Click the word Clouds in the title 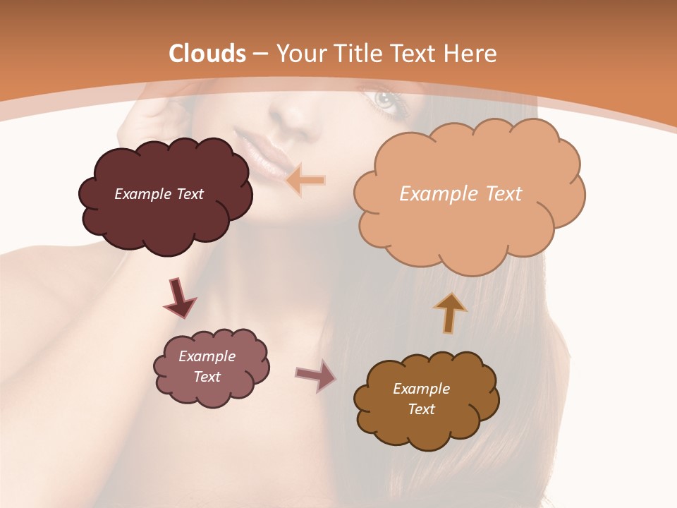(x=207, y=54)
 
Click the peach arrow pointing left (x=305, y=181)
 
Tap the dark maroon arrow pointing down (x=179, y=298)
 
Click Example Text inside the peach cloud (x=461, y=193)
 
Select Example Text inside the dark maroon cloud (x=159, y=194)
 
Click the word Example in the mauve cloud (x=207, y=356)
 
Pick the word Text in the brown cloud (x=421, y=409)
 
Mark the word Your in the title (x=298, y=54)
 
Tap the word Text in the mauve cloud (x=207, y=377)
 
